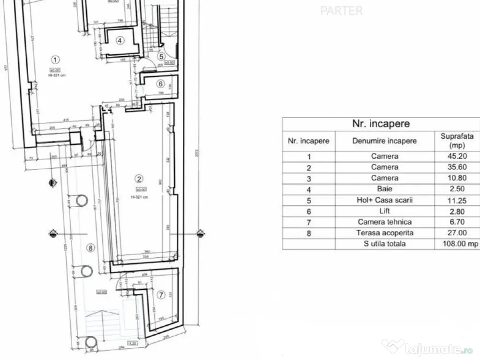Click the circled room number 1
55,60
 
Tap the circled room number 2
138,178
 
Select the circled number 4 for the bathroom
120,40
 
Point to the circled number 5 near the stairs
161,57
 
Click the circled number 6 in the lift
160,84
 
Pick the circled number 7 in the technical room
161,295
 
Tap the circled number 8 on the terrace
91,248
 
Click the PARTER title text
342,11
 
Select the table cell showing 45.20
454,156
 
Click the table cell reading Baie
384,189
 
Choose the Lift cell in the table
384,211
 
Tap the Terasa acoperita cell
384,233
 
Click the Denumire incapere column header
384,141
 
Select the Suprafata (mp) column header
454,141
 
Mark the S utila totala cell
384,244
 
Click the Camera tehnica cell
384,222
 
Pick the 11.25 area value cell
454,200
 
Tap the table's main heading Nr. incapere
381,124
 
